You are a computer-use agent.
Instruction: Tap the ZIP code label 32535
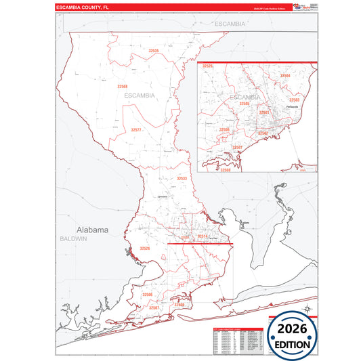tap(154, 51)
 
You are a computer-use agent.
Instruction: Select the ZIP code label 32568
tap(122, 86)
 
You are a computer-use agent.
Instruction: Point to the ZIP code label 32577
tap(136, 129)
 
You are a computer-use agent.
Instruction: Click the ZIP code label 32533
tap(182, 178)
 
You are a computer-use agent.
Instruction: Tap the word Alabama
tap(92, 230)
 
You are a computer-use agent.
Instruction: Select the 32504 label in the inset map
tap(285, 75)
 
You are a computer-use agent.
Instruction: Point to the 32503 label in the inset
tap(294, 100)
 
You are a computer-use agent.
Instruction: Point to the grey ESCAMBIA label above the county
tap(230, 23)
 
